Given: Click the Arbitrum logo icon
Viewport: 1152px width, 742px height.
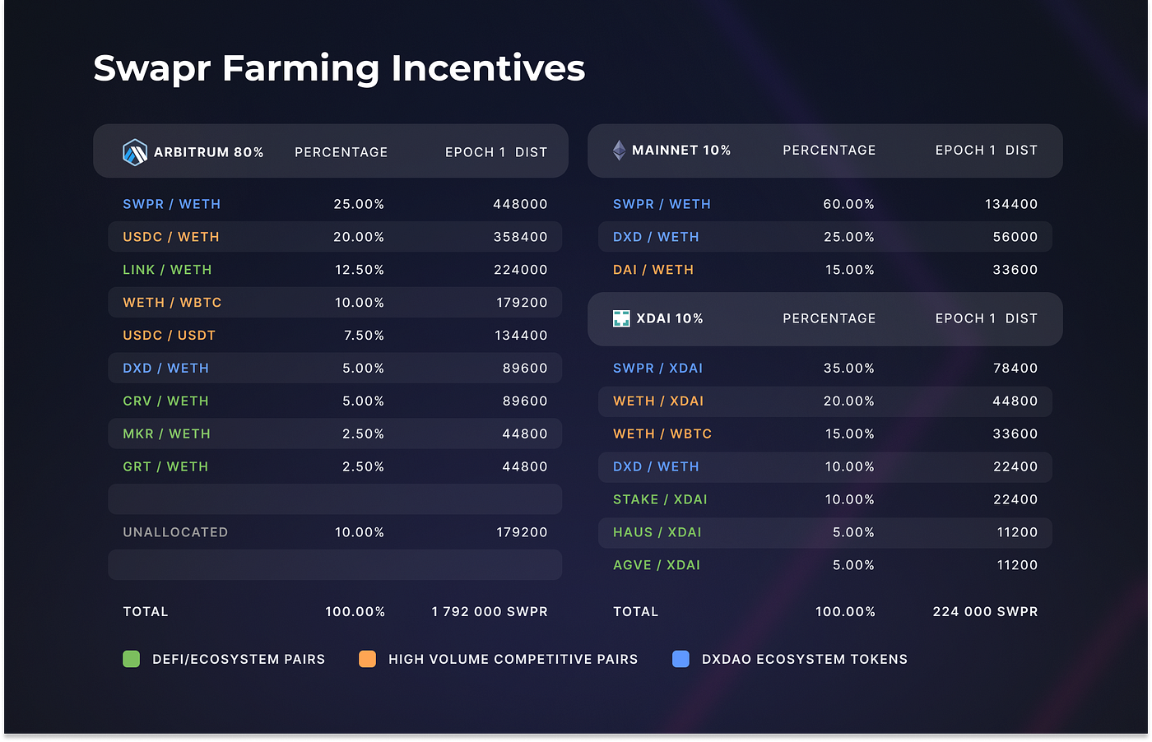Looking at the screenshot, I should click(134, 152).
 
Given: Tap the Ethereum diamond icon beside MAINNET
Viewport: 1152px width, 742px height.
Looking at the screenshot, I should click(619, 151).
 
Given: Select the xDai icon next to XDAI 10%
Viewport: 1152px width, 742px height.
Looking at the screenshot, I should click(621, 318).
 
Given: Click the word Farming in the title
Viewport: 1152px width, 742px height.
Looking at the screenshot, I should click(300, 68).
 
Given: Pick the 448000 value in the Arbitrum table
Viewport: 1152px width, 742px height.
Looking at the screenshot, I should click(520, 204).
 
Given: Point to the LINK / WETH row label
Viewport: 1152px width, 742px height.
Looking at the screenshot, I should click(167, 270).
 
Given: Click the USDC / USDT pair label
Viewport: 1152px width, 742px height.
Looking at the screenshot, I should click(169, 336).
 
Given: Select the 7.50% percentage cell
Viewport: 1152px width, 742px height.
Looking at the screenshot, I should click(364, 336).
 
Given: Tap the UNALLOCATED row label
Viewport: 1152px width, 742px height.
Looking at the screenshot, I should click(175, 532).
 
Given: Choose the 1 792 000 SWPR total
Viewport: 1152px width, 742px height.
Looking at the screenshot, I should click(490, 611).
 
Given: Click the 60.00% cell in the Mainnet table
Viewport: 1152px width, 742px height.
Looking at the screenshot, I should click(848, 204).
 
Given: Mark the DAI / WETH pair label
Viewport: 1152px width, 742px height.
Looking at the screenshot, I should click(653, 270).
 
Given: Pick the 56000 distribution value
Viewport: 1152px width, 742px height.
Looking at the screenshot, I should click(1015, 237).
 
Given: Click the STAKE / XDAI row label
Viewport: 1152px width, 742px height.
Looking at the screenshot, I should click(660, 499).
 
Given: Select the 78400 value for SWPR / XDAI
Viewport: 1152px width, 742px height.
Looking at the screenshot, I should click(1015, 368).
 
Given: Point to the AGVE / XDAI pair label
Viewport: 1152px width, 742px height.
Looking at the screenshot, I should click(657, 565).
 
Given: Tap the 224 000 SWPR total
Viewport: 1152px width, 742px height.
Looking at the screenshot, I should click(985, 611).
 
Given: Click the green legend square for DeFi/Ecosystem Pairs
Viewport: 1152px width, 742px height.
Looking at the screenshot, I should click(131, 659).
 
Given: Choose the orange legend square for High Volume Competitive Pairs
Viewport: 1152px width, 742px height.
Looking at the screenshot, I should click(367, 659).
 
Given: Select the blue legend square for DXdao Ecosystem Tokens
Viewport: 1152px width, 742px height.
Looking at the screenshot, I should click(681, 659).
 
